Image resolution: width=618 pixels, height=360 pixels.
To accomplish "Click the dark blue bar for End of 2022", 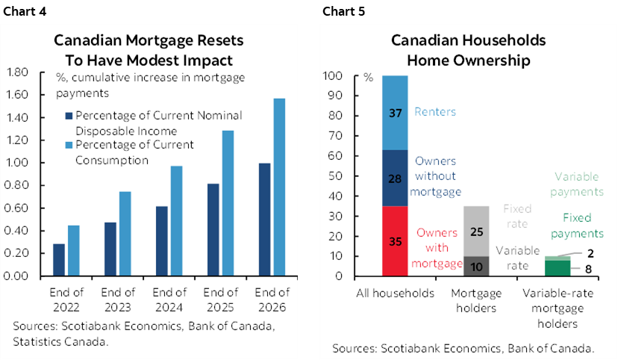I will pyautogui.click(x=59, y=259).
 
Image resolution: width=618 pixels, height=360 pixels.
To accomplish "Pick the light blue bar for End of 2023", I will pyautogui.click(x=125, y=233).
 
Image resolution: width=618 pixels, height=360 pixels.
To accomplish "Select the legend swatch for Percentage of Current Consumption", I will pyautogui.click(x=68, y=145).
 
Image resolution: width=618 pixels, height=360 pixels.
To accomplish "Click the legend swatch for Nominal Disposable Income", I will pyautogui.click(x=68, y=116).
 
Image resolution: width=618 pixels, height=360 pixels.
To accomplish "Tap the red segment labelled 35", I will pyautogui.click(x=395, y=240).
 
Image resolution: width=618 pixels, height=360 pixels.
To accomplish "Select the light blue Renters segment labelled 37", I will pyautogui.click(x=395, y=113).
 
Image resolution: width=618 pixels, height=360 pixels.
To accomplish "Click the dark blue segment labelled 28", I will pyautogui.click(x=395, y=178).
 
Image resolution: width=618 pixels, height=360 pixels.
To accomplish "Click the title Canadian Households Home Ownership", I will pyautogui.click(x=469, y=49).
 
